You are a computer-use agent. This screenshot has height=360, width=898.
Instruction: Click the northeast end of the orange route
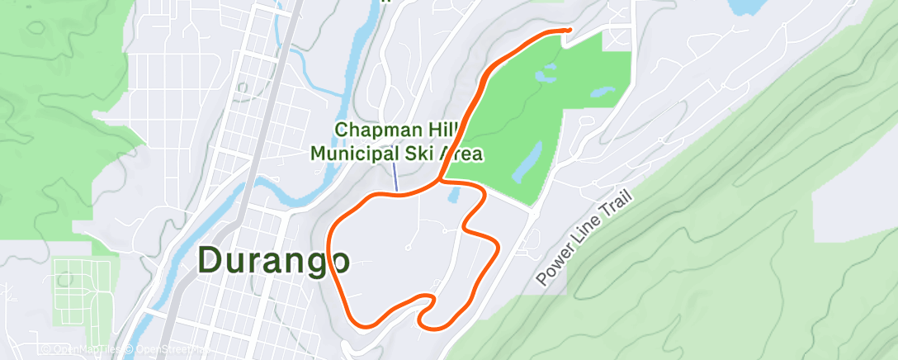[569, 30]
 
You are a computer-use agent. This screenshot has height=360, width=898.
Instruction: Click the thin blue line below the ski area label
[396, 176]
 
